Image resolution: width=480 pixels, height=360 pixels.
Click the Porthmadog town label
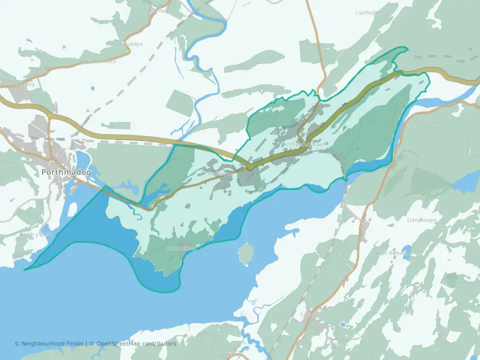point(66,172)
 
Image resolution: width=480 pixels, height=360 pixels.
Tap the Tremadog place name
point(21,84)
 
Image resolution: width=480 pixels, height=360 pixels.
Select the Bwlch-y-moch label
point(98,61)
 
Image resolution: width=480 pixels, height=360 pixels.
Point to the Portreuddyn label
point(127,44)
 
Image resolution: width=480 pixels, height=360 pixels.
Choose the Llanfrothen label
point(370,12)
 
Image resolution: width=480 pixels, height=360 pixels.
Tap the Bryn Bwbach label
point(392,253)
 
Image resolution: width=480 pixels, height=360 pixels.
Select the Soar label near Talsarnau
point(334,343)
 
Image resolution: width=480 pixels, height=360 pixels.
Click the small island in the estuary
point(245,253)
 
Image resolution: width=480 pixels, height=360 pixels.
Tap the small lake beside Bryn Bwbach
point(407,249)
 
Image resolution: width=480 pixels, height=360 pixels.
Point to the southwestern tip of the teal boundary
point(25,269)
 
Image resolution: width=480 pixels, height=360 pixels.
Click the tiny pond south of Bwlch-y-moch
point(92,89)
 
